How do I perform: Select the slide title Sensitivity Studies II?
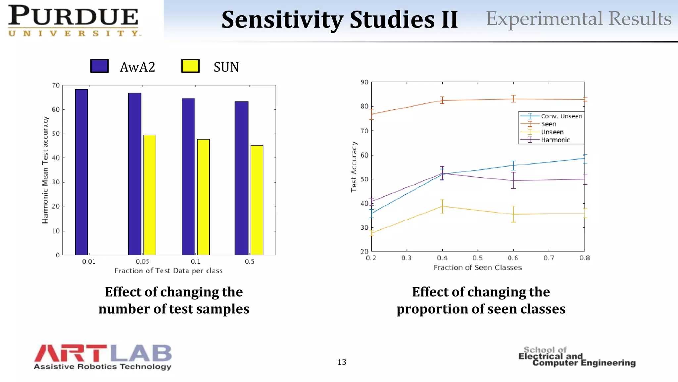(x=339, y=20)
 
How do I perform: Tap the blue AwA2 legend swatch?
(x=99, y=66)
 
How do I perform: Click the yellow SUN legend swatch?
(x=190, y=66)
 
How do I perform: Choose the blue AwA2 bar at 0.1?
(x=188, y=176)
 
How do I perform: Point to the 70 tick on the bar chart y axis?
(x=56, y=86)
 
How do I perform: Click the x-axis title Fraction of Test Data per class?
(x=168, y=271)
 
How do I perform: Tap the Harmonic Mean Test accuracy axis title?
(x=45, y=170)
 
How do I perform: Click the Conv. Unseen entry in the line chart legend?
(x=561, y=116)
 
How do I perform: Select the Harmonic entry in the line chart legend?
(x=555, y=140)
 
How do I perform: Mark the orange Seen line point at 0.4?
(x=442, y=100)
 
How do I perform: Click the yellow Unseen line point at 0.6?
(x=513, y=214)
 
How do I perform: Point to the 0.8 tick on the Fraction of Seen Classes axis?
(x=585, y=258)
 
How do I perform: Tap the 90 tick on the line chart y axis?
(x=364, y=82)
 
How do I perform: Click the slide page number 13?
(x=342, y=362)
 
